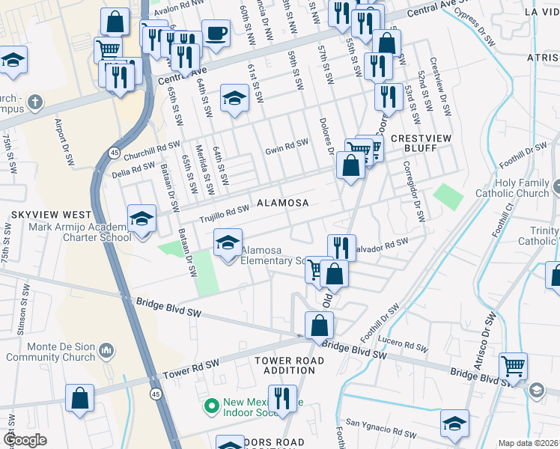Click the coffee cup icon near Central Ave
216,34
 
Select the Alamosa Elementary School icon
228,243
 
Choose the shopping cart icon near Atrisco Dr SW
513,367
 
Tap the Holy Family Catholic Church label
516,188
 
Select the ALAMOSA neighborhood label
283,203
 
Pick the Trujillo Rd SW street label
223,215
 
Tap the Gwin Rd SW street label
286,147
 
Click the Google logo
25,440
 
